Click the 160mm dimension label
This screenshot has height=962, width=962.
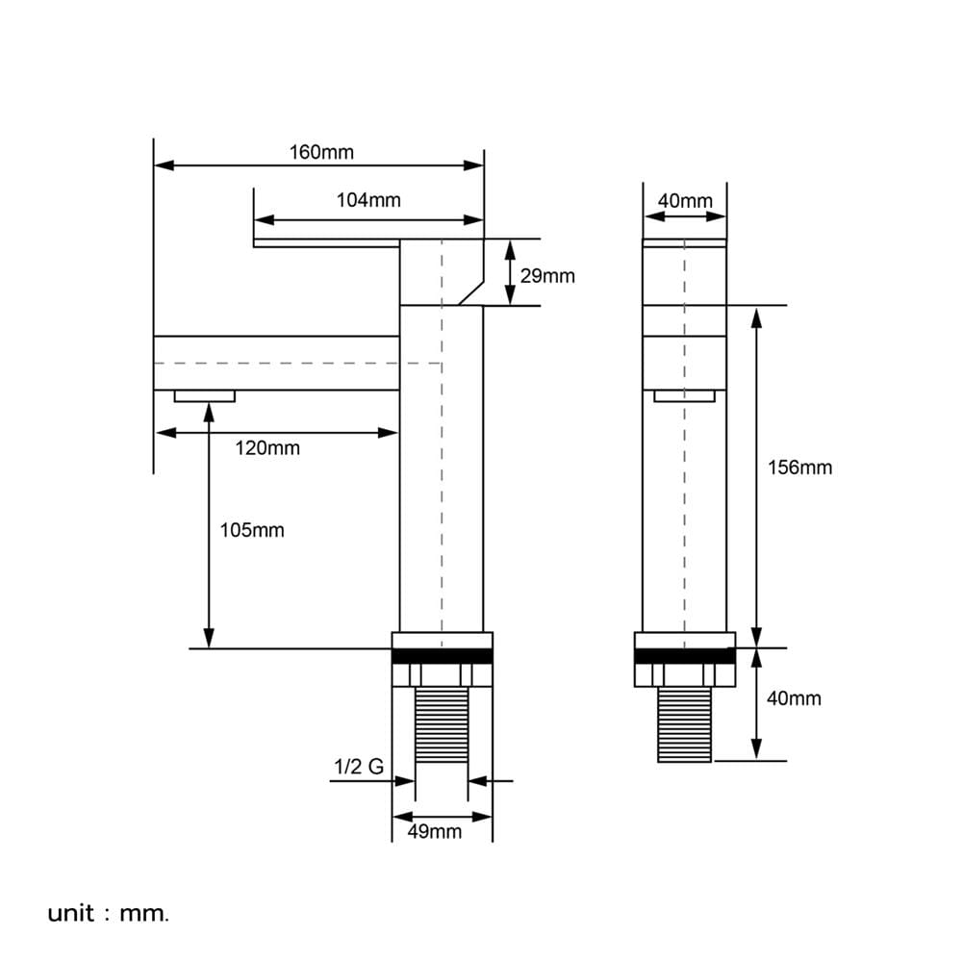(321, 152)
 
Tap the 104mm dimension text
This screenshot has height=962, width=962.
(368, 200)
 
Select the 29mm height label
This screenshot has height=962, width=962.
(547, 276)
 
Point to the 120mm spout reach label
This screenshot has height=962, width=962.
(267, 448)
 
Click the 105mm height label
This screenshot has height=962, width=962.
(252, 530)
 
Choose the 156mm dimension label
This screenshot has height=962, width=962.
(800, 468)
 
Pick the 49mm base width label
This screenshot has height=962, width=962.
(435, 831)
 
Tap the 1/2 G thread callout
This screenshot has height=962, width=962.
(359, 767)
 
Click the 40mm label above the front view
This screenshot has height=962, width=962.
(685, 201)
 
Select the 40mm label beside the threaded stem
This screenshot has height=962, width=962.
(794, 698)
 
